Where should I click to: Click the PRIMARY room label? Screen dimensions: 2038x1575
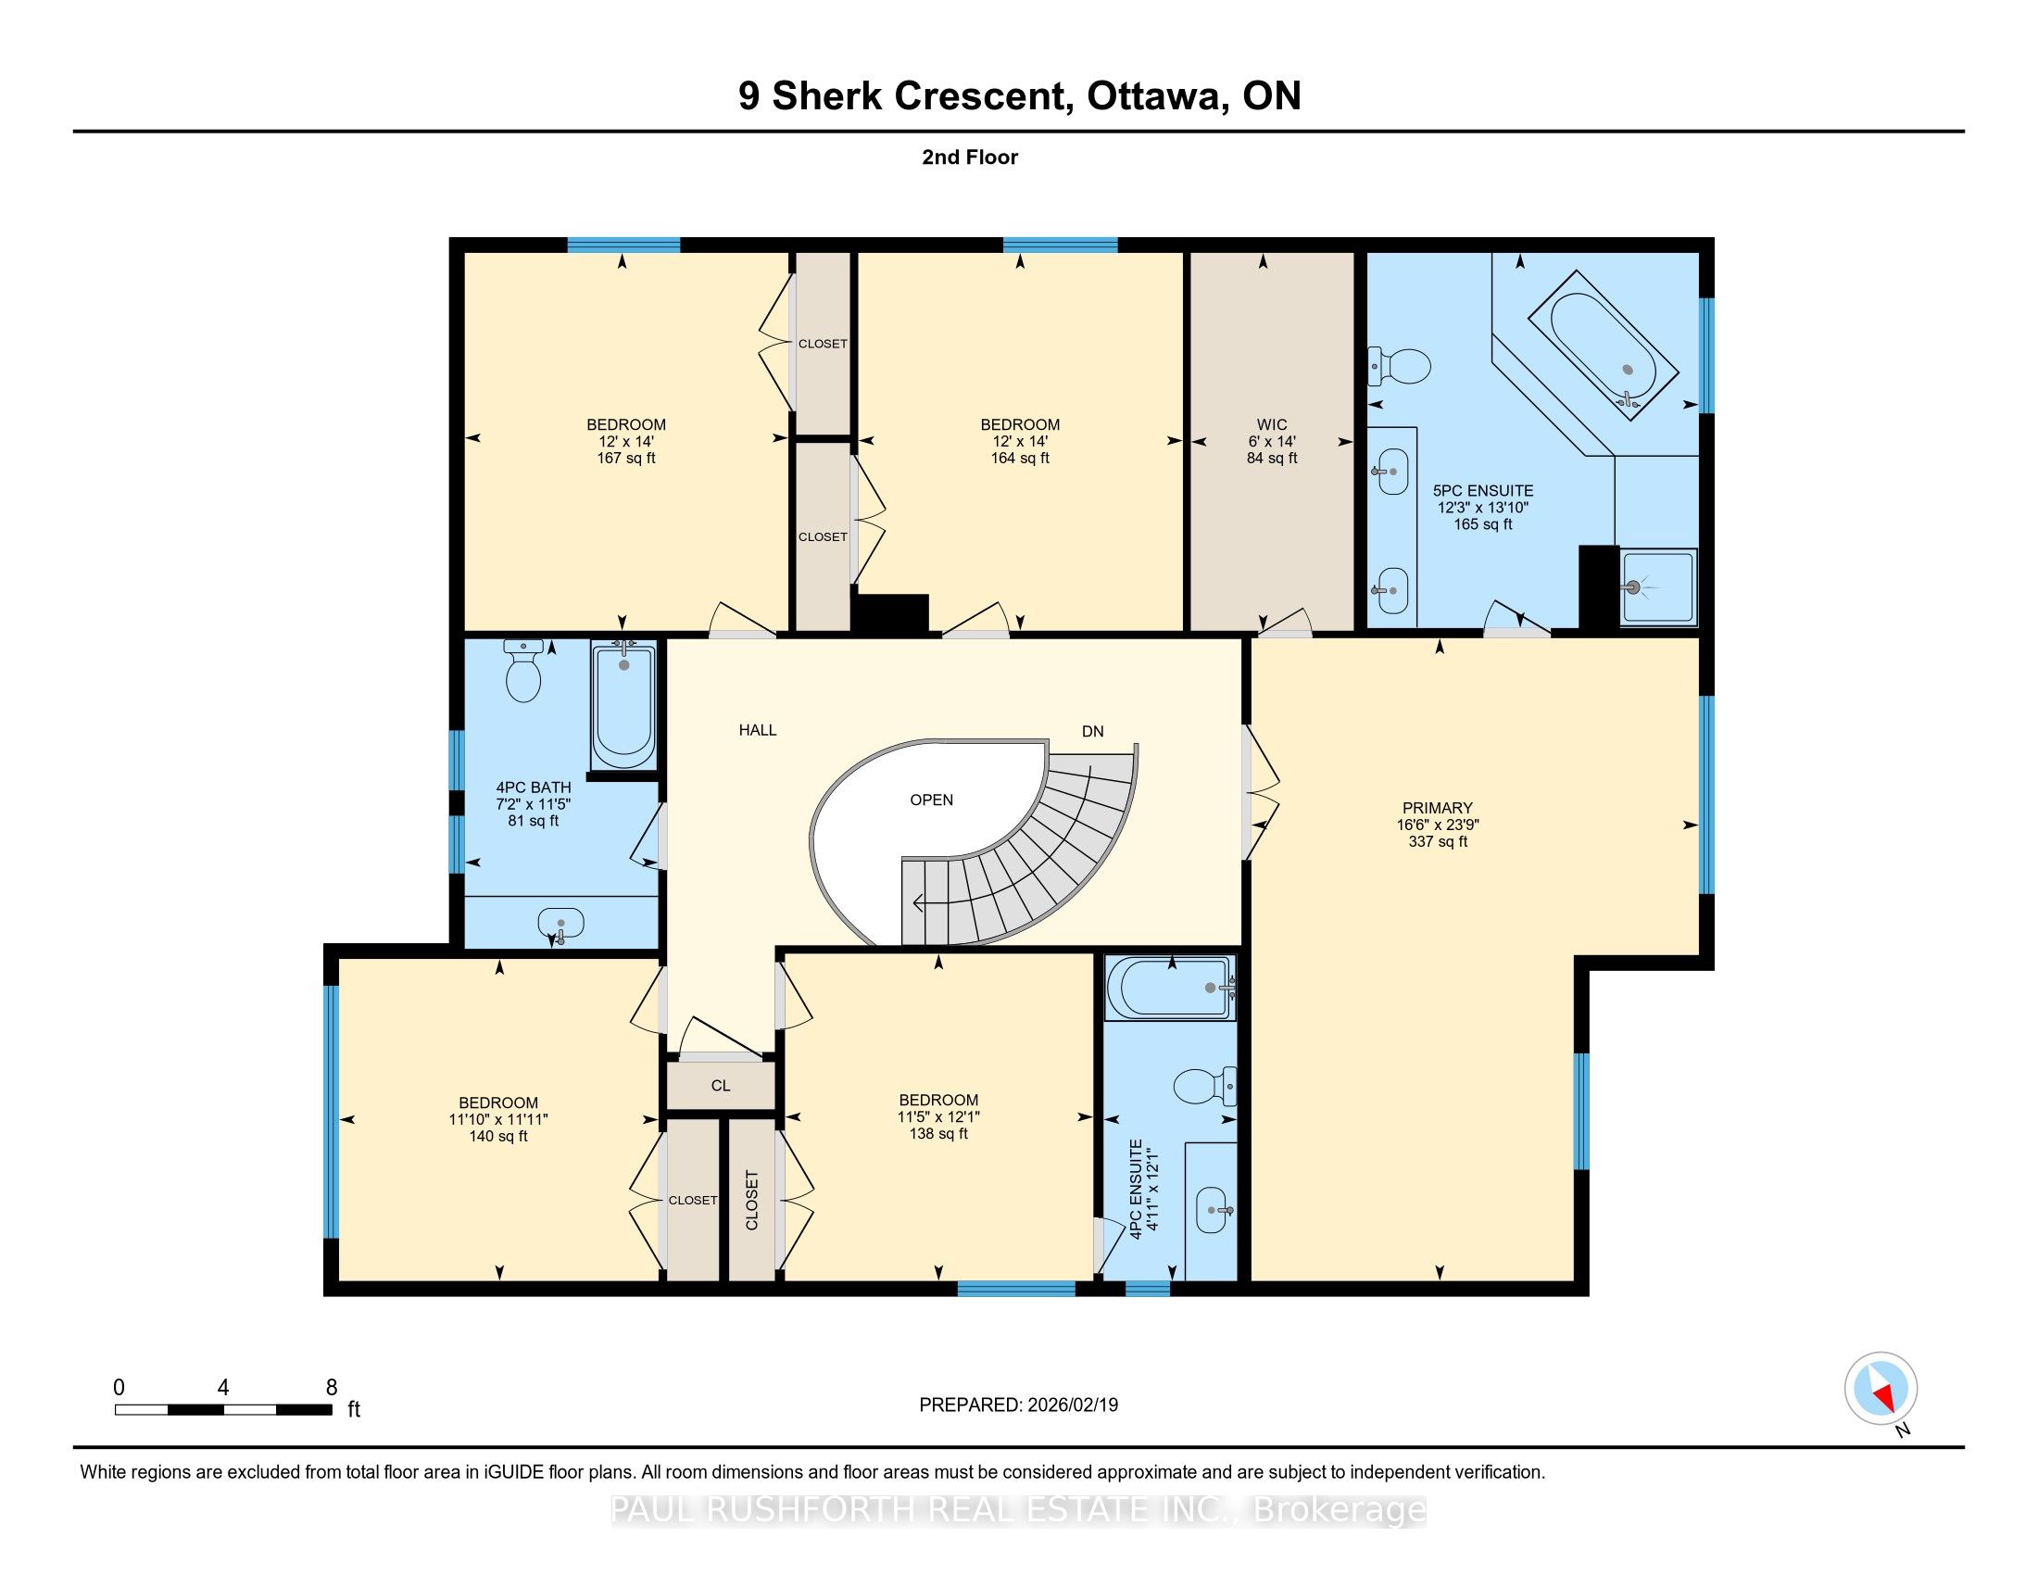[x=1437, y=808]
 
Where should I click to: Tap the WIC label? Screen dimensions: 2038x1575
[x=1272, y=424]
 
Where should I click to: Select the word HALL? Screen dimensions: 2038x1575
[x=758, y=731]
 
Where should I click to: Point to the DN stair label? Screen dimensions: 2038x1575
[x=1093, y=732]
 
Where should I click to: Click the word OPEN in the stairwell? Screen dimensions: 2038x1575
[x=931, y=800]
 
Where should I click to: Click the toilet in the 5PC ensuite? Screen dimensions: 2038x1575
[x=1399, y=366]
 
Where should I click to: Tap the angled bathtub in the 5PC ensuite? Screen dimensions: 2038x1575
[x=1604, y=346]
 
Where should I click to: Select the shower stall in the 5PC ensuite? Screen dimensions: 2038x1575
[x=1657, y=587]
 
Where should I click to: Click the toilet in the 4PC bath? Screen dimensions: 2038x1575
[x=523, y=670]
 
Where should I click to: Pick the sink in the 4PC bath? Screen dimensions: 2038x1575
[x=560, y=925]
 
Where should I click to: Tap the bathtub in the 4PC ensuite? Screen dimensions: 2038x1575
[x=1170, y=988]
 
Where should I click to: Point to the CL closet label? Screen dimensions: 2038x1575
[x=721, y=1086]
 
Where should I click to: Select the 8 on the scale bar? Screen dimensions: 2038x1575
[x=332, y=1388]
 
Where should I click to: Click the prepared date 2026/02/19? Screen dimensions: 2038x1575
[x=1071, y=1405]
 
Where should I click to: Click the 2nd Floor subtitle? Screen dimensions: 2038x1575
[x=970, y=157]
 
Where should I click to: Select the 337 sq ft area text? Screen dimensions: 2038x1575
[x=1438, y=841]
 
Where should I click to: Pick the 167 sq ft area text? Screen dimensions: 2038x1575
[x=626, y=458]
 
